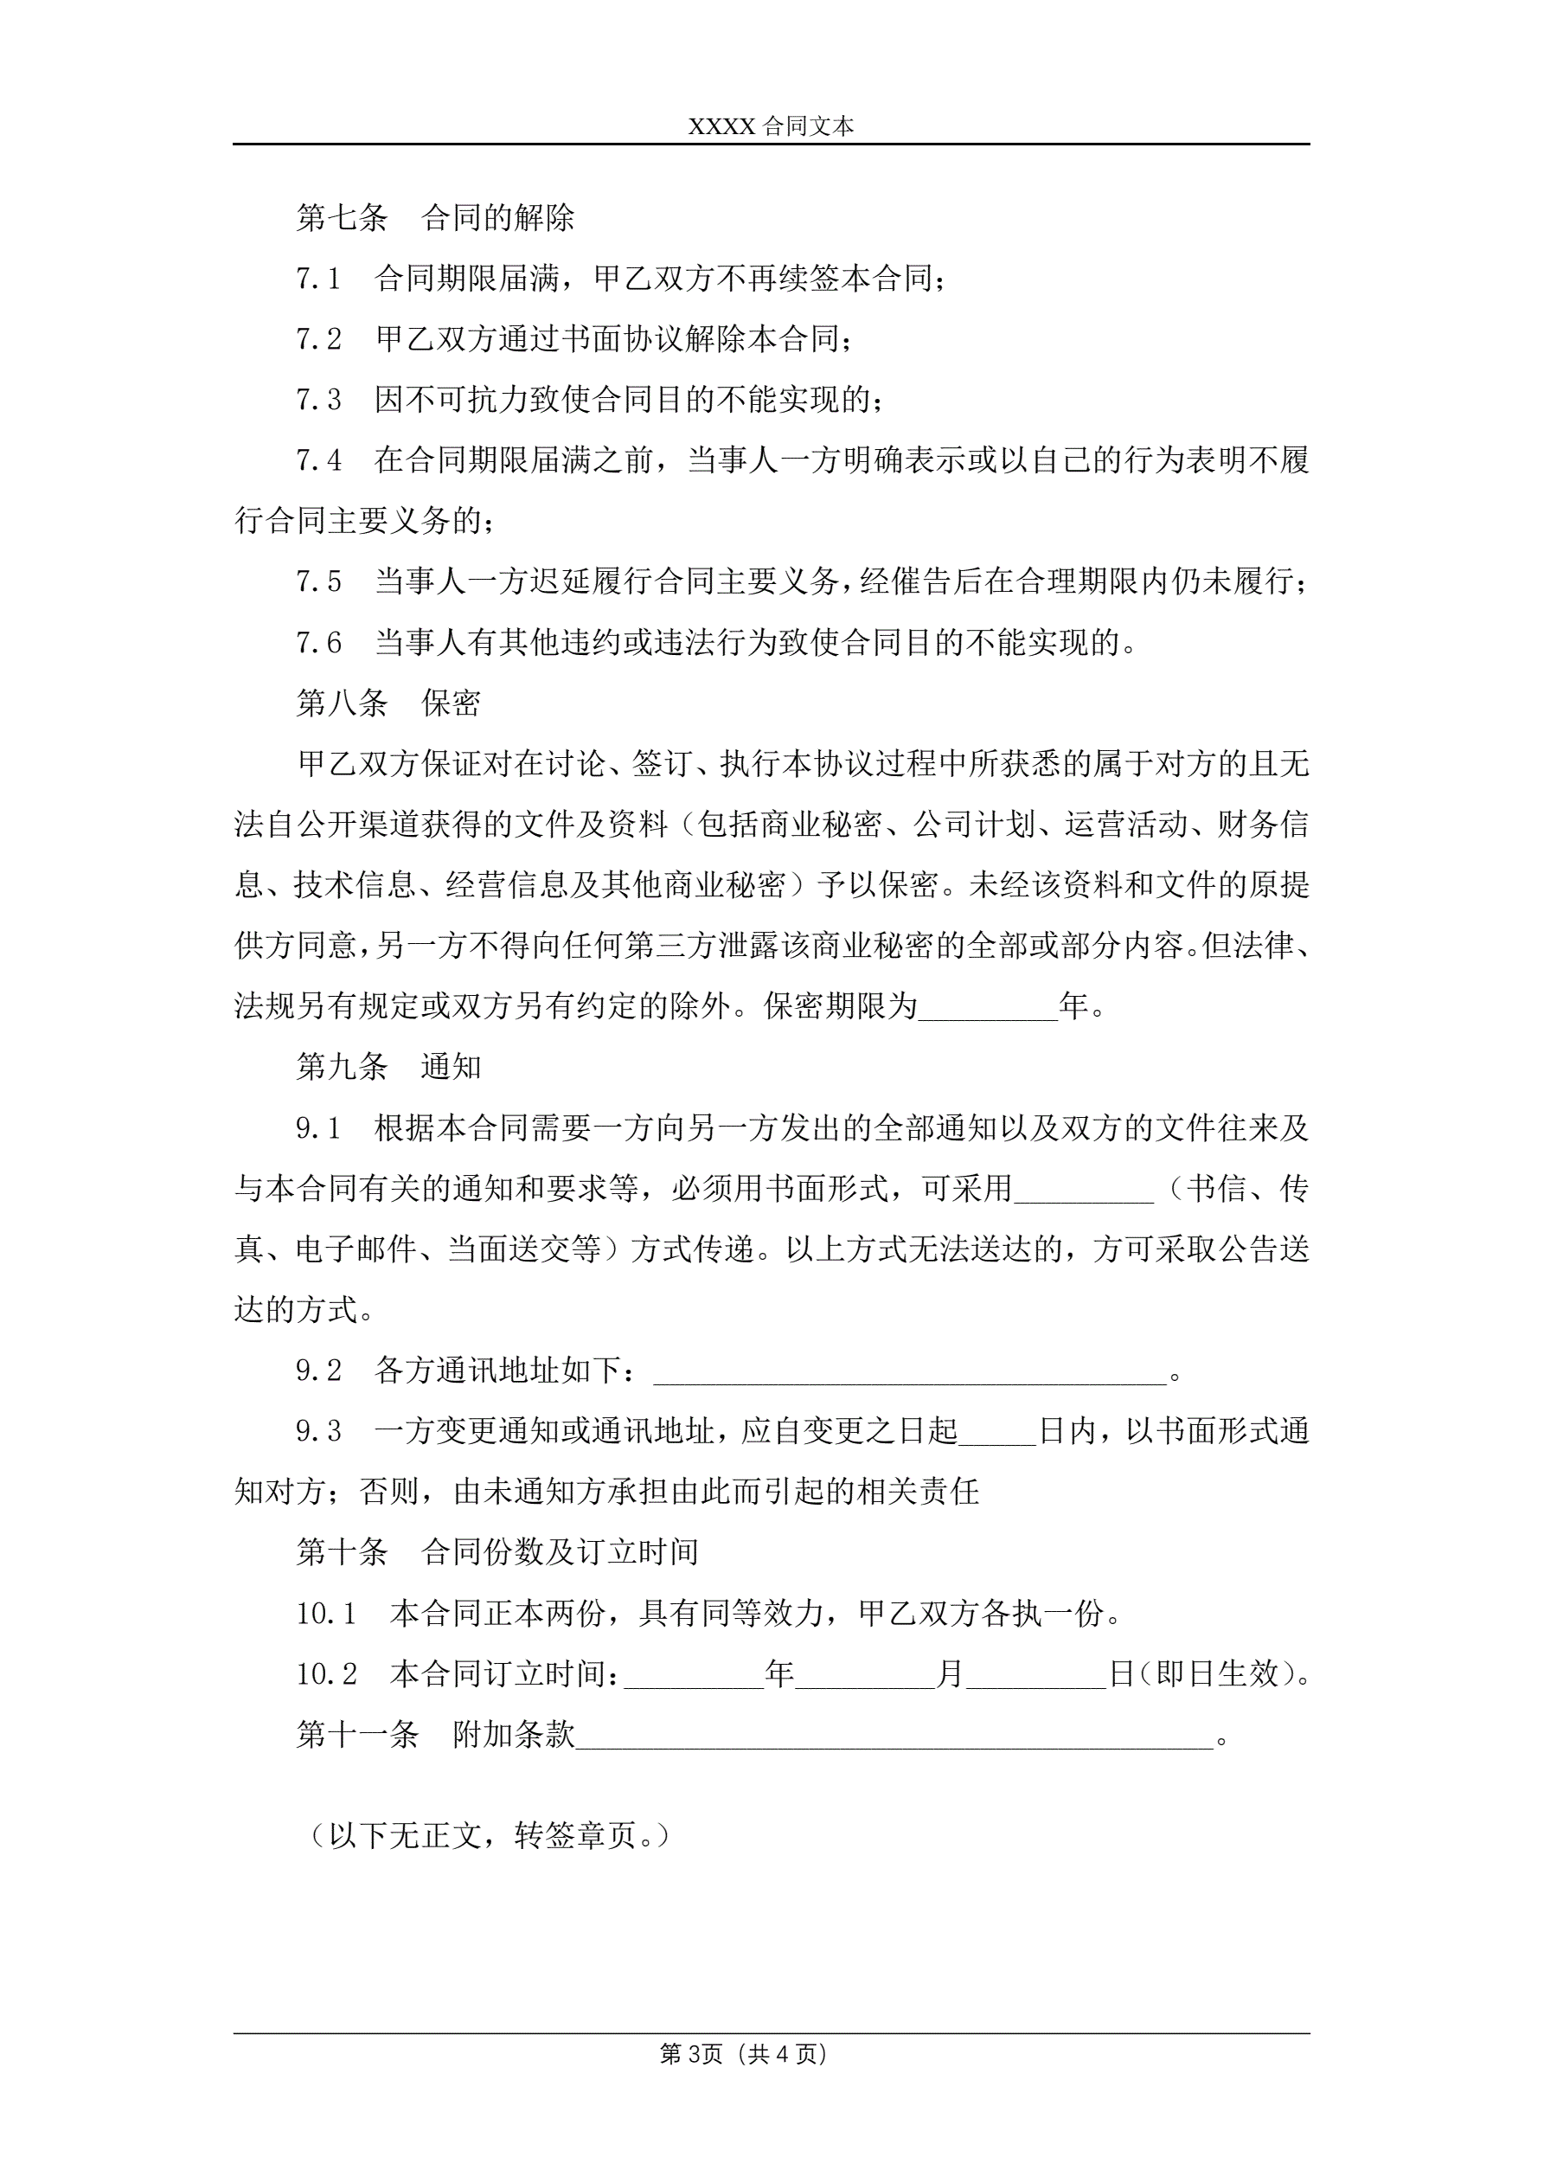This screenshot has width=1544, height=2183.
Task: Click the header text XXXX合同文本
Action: coord(771,126)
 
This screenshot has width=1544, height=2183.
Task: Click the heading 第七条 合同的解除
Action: coord(434,218)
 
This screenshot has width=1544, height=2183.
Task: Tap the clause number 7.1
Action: coord(318,279)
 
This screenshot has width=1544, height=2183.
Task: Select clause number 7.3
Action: coord(318,401)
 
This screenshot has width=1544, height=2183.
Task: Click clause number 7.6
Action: coord(318,643)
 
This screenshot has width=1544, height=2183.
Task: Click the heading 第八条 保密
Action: coord(388,703)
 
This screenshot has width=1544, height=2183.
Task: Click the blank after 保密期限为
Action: coord(988,1007)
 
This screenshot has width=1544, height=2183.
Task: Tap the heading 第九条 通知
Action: coord(388,1067)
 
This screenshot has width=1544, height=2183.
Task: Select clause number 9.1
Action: coord(318,1128)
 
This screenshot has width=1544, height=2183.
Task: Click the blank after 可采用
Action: coord(1083,1190)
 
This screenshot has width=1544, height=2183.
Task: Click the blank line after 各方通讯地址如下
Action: coord(910,1371)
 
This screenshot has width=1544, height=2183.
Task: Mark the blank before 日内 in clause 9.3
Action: coord(996,1432)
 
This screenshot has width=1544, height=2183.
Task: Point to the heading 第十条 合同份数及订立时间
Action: coord(497,1552)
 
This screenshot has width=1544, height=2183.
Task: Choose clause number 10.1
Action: coord(326,1614)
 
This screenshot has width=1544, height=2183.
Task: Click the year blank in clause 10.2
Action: coord(693,1674)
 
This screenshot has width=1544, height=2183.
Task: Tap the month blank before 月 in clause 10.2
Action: coord(865,1674)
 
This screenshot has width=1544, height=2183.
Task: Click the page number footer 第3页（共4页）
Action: coord(744,2055)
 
